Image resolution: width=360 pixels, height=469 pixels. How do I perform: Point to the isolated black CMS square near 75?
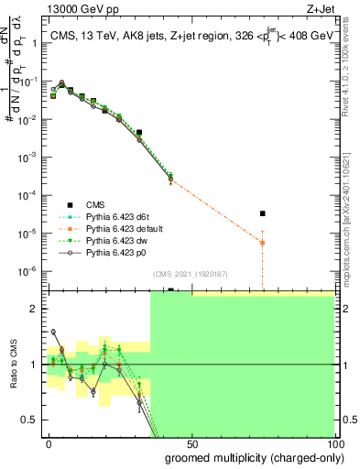[263, 213]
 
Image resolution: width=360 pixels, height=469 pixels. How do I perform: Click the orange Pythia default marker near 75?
[263, 243]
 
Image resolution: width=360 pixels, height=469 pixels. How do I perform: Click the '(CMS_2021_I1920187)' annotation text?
[189, 273]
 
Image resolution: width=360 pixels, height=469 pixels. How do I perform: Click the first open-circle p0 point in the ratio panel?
[53, 332]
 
